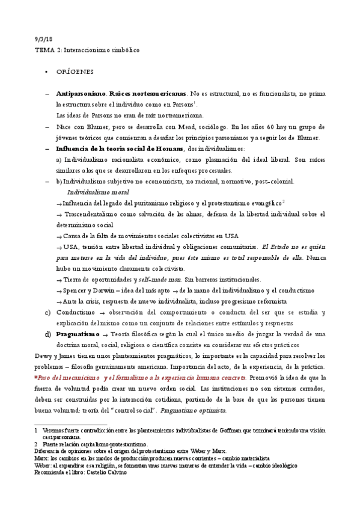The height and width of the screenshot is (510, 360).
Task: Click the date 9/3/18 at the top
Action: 43,39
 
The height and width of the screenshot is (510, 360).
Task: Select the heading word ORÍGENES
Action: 75,72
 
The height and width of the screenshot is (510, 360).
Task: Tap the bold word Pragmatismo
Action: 79,334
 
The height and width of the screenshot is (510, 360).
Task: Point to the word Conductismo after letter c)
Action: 76,312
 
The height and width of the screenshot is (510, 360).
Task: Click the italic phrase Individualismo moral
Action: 98,192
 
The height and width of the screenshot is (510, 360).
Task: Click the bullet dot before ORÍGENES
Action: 47,72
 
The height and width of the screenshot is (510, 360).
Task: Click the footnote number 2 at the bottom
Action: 37,443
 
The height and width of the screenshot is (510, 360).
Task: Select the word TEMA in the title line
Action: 44,50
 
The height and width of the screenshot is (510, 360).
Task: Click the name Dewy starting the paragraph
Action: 44,355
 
